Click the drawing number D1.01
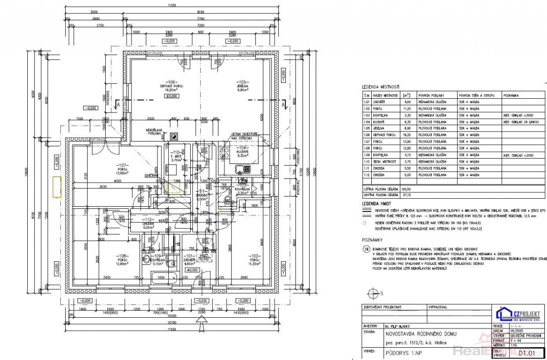click(x=527, y=353)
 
